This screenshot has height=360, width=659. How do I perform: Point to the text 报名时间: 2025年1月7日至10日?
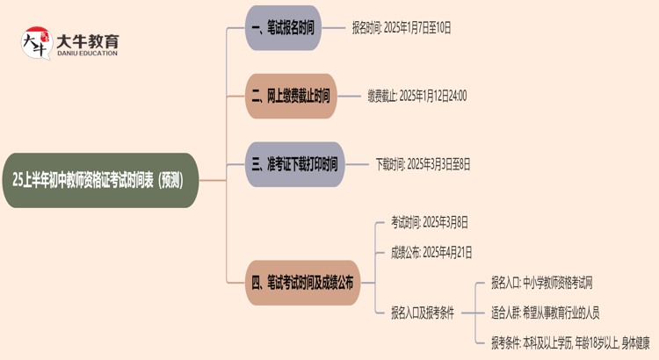pyautogui.click(x=401, y=29)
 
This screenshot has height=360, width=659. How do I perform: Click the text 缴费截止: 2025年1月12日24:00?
pyautogui.click(x=416, y=96)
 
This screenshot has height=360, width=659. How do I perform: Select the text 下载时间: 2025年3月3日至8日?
pyautogui.click(x=423, y=163)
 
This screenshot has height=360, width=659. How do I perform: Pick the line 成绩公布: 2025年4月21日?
pyautogui.click(x=431, y=252)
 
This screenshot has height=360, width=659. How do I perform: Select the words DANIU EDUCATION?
pyautogui.click(x=87, y=53)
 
